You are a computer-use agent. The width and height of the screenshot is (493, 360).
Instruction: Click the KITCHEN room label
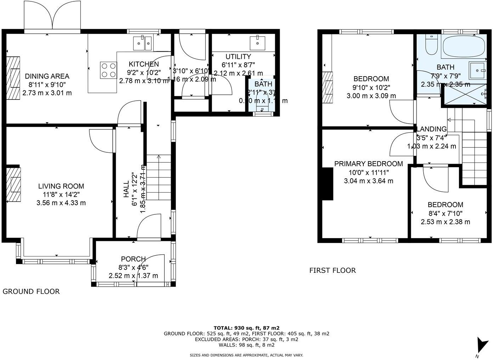pos(143,64)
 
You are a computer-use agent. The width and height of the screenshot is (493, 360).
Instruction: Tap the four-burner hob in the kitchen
pos(109,70)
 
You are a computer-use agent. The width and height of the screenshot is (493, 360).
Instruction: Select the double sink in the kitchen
pos(143,43)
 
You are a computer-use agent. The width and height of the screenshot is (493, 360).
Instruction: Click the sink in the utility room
pos(257,43)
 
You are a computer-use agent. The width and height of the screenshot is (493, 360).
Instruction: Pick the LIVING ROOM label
pos(61,186)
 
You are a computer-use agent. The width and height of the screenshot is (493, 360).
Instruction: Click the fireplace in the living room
pos(14,184)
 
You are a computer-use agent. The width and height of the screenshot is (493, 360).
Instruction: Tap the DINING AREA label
pos(47,76)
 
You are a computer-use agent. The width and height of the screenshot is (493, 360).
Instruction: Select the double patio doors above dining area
pos(52,16)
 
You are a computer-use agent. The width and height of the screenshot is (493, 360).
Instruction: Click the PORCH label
pos(133,259)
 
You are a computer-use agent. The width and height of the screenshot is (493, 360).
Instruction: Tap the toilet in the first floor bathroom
pos(431,45)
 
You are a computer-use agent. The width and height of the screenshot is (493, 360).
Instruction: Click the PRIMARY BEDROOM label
pos(368,164)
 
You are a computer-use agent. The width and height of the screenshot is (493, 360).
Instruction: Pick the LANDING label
pos(431,129)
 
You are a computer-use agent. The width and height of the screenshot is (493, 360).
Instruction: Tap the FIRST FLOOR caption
pos(332,271)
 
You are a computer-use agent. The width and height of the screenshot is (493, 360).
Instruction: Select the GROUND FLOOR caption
pos(31,292)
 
